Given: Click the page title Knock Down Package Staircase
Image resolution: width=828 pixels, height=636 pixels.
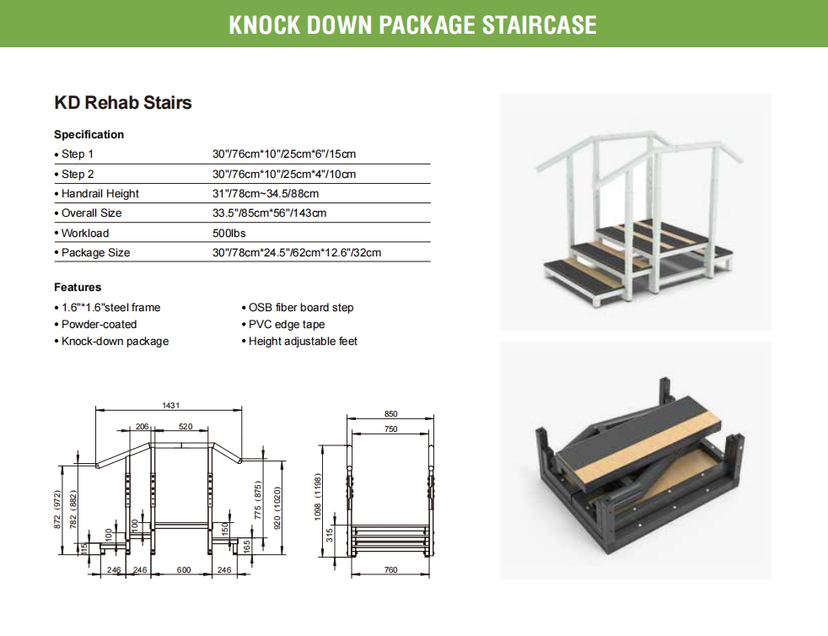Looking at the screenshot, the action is [413, 24].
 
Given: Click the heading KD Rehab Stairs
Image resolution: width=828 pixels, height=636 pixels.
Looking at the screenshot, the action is [123, 102].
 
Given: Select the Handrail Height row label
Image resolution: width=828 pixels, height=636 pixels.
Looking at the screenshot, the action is [99, 194].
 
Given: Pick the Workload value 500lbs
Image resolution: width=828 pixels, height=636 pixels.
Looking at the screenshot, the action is [229, 233].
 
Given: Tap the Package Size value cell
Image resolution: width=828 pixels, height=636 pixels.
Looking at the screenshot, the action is [297, 252].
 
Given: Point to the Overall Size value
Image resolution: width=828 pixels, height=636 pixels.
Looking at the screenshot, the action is [269, 213].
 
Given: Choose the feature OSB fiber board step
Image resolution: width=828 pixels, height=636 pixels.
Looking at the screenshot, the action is [301, 307].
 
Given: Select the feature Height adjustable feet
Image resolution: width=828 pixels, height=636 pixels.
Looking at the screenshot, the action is [303, 342].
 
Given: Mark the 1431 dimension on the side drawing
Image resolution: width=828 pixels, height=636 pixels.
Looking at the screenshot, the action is [171, 405].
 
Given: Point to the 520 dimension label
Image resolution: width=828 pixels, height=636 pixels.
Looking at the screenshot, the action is [185, 426].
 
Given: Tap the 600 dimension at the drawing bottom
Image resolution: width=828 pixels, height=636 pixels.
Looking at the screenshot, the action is [184, 570].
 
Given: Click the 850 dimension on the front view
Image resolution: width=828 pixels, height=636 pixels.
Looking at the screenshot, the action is [390, 414].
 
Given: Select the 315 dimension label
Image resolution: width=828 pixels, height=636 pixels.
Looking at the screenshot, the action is [330, 535].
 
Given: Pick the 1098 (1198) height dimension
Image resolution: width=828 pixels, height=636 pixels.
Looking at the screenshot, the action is [317, 497].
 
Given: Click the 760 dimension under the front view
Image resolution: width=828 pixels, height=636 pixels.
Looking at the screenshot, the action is [390, 570].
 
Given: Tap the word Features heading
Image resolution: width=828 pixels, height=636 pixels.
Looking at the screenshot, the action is [78, 288].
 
